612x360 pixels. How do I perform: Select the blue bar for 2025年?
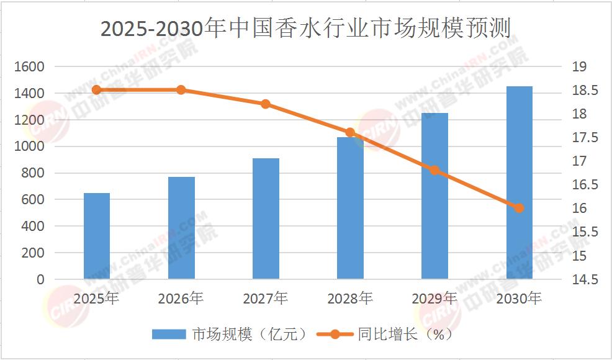coord(97,236)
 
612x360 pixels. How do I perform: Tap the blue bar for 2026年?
coord(181,228)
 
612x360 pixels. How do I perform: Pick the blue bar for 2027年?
coord(266,218)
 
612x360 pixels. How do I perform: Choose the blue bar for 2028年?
coord(350,208)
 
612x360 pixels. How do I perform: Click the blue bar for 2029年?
coord(434,196)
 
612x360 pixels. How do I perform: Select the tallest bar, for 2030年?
coord(519,182)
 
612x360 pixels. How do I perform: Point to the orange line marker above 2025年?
coord(97,90)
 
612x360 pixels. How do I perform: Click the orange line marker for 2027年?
coord(266,104)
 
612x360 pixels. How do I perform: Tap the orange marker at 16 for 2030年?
coord(519,208)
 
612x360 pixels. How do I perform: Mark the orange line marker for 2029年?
coord(434,170)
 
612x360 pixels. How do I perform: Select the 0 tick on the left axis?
coord(41,280)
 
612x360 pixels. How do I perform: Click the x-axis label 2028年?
coord(350,299)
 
